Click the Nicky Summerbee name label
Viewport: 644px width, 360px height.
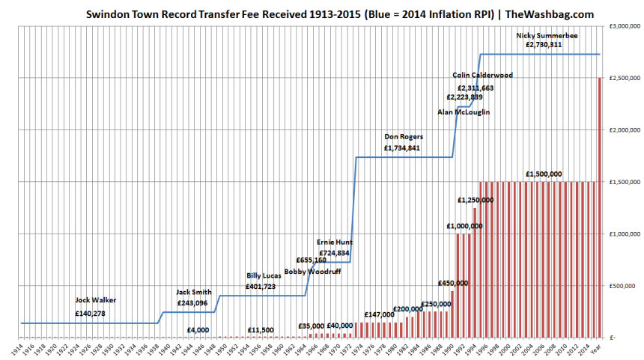[x=544, y=35]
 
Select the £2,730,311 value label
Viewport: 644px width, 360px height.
[x=544, y=45]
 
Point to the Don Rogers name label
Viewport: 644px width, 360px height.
[x=404, y=138]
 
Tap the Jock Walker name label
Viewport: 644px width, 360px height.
[x=95, y=300]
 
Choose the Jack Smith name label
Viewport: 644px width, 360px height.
[x=194, y=292]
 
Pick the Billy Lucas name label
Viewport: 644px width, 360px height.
[x=264, y=276]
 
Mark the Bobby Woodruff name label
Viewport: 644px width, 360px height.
[x=312, y=271]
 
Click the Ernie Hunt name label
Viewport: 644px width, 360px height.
[x=335, y=242]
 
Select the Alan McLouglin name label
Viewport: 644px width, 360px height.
[x=464, y=112]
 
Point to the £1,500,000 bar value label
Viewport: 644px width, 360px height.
[x=544, y=174]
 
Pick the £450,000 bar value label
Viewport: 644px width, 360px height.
[x=454, y=284]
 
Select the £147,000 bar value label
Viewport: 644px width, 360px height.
[x=379, y=314]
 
